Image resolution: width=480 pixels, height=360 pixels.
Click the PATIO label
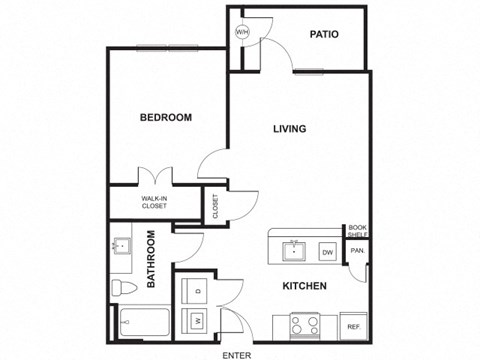pos(323,34)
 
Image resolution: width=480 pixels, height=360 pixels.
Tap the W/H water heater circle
pos(241,32)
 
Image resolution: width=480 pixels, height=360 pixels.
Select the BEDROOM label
pos(165,118)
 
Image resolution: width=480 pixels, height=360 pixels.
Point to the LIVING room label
pos(290,129)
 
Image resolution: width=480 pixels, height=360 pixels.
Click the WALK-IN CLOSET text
pos(153,203)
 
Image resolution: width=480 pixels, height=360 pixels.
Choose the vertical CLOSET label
pos(214,205)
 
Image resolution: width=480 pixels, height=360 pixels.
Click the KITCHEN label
pos(305,287)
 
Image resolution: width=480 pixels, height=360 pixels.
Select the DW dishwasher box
pos(327,251)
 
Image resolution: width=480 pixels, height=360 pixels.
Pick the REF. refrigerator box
pos(353,326)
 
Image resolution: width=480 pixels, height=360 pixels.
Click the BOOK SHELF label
pos(357,231)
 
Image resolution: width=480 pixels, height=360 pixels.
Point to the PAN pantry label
pos(357,250)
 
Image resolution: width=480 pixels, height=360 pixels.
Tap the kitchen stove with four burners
pos(305,325)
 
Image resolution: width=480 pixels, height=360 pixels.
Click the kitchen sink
pos(294,250)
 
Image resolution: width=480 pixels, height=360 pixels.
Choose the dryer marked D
pos(197,290)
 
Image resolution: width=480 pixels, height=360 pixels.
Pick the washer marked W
pos(197,320)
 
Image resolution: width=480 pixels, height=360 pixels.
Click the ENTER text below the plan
pos(237,354)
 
